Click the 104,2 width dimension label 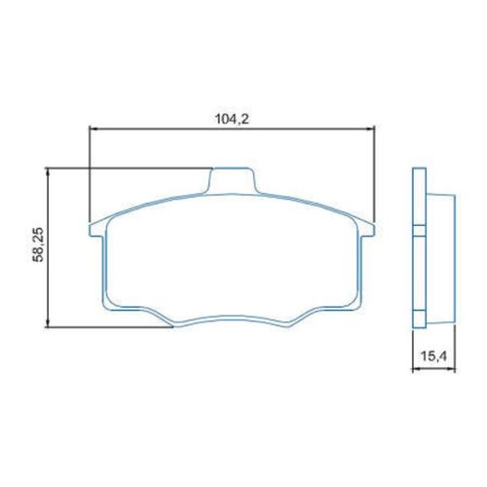[232, 120]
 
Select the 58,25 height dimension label [38, 244]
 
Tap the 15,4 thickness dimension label [434, 356]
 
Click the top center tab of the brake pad [232, 180]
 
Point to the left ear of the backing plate [96, 230]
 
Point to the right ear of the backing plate [367, 230]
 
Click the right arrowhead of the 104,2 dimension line [371, 129]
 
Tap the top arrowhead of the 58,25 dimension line [48, 172]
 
